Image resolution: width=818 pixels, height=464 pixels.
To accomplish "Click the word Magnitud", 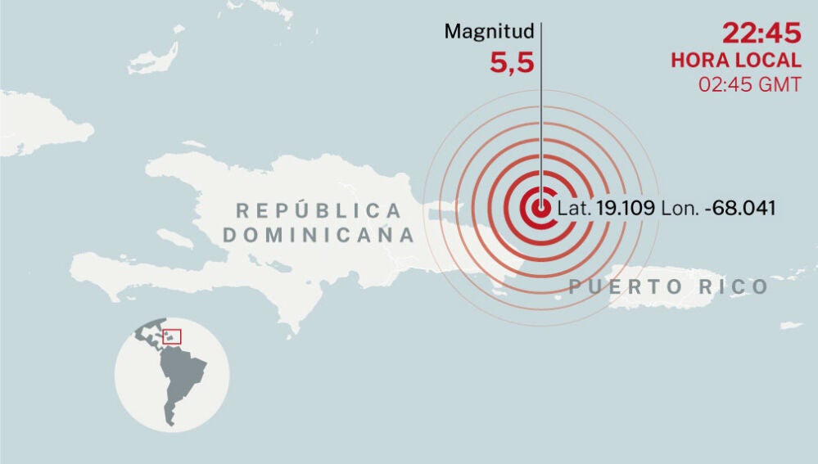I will coord(489,32).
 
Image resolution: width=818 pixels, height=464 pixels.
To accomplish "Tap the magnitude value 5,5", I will coord(512,63).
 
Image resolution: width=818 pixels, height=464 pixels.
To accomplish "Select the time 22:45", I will coord(761,34).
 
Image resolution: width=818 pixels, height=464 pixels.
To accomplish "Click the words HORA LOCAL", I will coord(736,60).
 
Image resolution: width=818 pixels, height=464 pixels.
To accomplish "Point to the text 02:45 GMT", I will coord(749,83).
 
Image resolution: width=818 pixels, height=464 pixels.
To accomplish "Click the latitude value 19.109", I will coord(625,208).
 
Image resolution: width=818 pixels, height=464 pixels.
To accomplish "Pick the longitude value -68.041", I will coord(743,208).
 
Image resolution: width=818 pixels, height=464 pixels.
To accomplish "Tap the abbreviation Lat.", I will coord(574,208).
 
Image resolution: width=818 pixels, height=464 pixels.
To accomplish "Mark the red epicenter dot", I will coord(540,207).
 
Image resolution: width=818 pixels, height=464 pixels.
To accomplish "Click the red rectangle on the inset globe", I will coord(171,336).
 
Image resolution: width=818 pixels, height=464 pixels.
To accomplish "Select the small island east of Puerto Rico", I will coord(790,326).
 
